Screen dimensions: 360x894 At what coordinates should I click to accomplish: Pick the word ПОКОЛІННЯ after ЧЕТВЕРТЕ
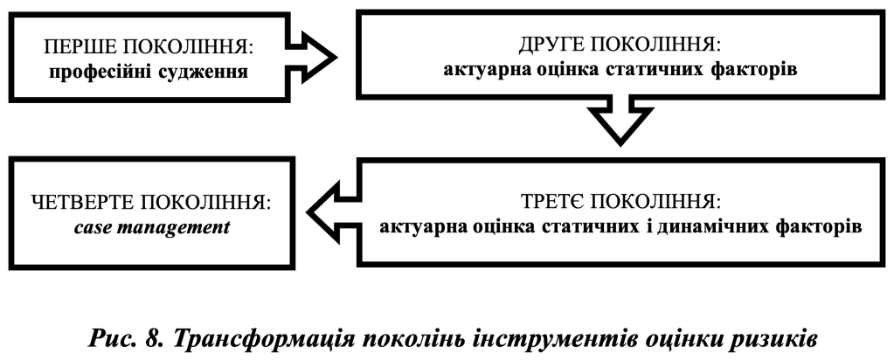click(216, 204)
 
